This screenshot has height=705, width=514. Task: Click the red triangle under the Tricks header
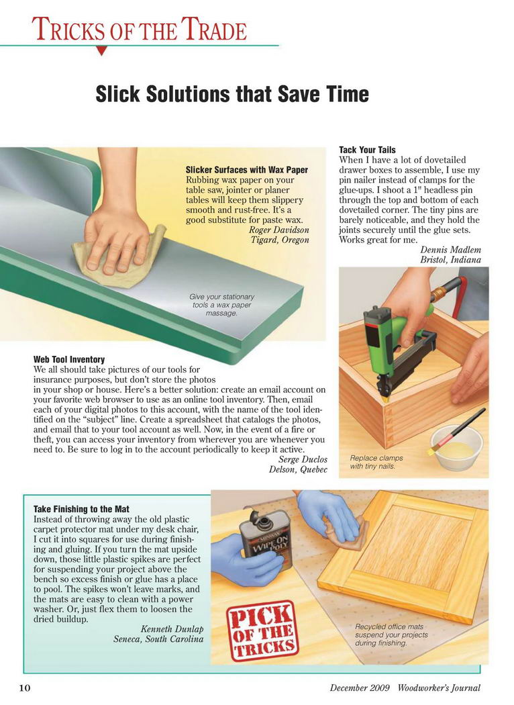(102, 50)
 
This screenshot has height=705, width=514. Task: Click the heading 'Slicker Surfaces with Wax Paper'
(247, 169)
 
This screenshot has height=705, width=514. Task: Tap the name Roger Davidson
(279, 230)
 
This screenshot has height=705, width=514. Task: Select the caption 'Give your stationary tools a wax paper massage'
(221, 305)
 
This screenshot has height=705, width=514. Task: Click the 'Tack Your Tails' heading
(367, 150)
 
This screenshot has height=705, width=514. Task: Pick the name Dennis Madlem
(450, 250)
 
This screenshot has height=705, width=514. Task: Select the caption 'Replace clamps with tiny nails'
(376, 462)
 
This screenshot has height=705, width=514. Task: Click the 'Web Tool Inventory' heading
(68, 359)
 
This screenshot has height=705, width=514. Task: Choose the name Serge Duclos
(303, 459)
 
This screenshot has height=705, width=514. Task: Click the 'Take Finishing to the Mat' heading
(81, 509)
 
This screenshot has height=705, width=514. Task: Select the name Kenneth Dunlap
(172, 628)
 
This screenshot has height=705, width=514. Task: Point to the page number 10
(24, 688)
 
